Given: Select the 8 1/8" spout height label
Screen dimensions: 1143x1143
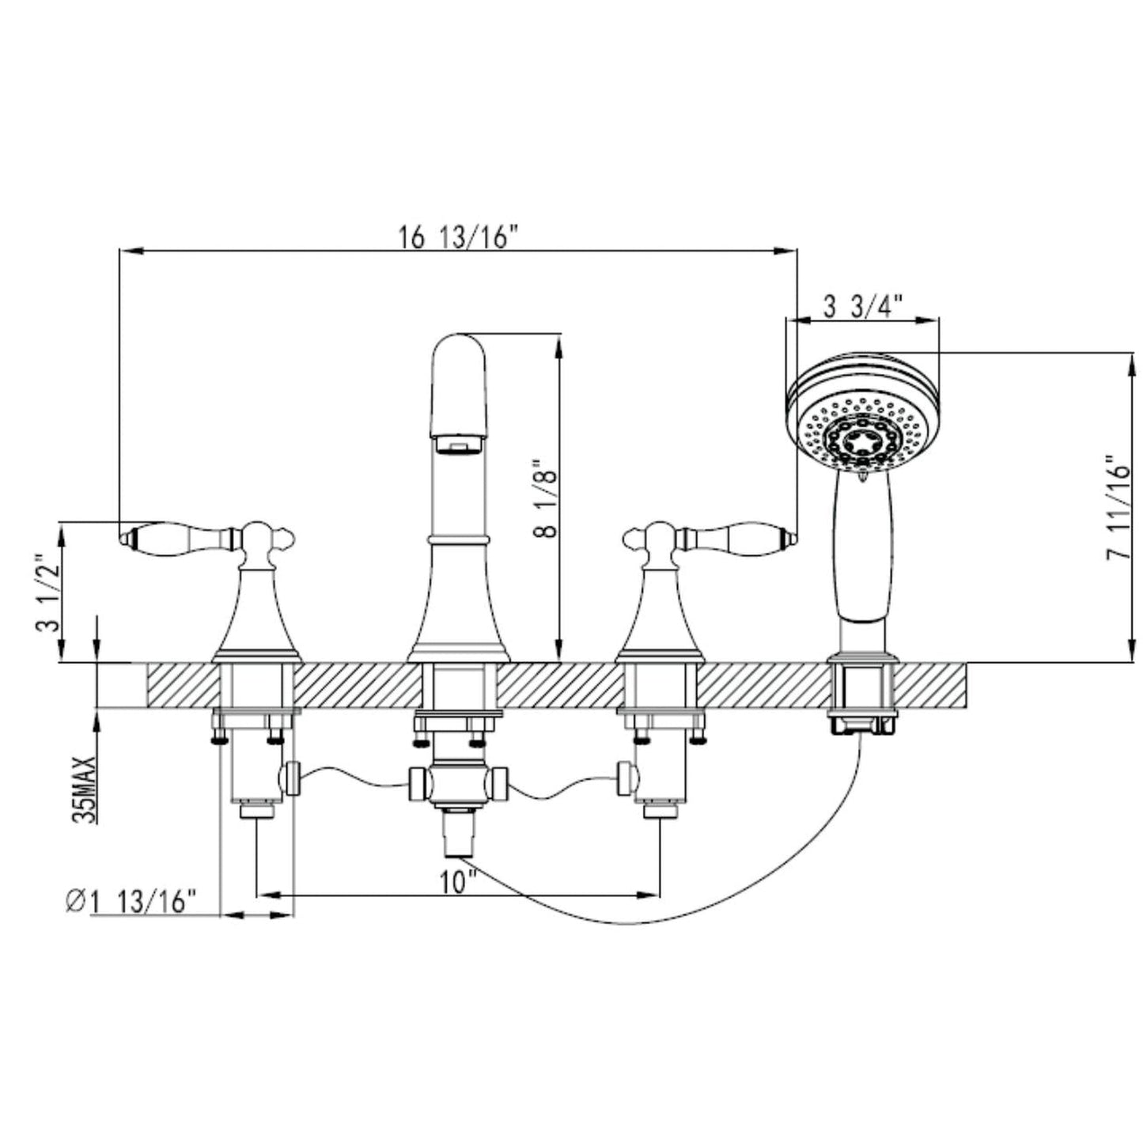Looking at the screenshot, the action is (545, 498).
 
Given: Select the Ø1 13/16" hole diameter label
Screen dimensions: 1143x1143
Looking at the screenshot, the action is (131, 903).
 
